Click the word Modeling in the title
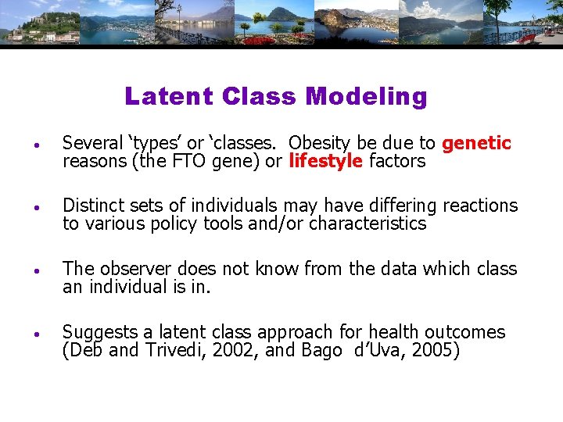point(367,96)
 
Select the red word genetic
point(476,143)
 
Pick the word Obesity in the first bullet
point(321,143)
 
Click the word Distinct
point(92,206)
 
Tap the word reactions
point(480,206)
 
